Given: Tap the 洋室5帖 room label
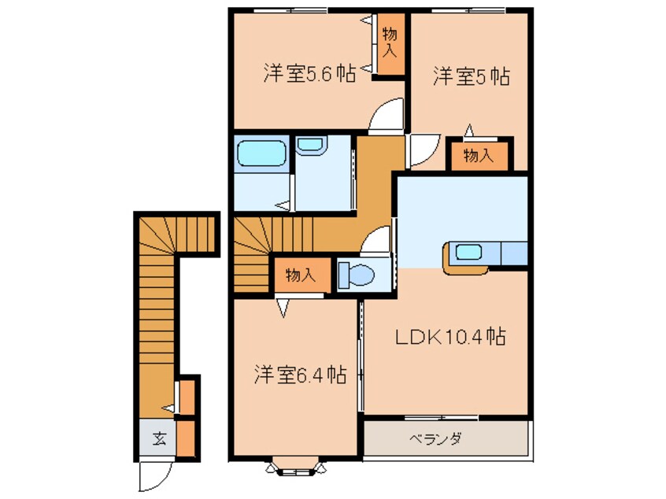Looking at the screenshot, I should [x=471, y=76].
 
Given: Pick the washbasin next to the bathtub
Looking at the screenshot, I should [x=310, y=146].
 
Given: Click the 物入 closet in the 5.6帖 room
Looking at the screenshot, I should [x=389, y=45].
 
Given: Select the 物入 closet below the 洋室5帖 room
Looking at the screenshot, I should [x=479, y=155].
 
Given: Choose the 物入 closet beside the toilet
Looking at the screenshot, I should [x=300, y=275].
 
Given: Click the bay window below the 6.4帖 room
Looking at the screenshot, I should [x=296, y=468].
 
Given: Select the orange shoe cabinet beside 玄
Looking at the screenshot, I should [x=186, y=439].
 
